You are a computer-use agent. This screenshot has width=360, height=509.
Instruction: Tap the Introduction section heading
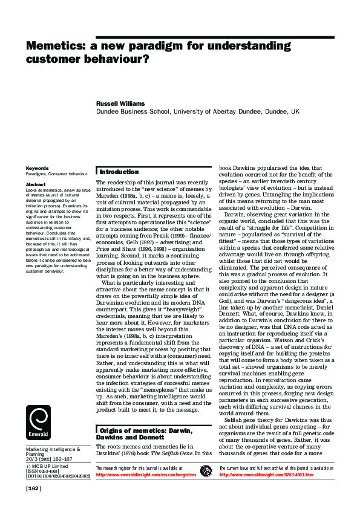[x=119, y=172]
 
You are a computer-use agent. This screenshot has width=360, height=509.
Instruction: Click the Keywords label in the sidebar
[x=37, y=168]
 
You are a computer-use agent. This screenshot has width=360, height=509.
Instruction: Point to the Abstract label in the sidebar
[x=35, y=183]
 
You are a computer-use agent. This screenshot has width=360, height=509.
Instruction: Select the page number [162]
[x=33, y=488]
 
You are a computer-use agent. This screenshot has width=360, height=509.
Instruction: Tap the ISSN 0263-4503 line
[x=47, y=472]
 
